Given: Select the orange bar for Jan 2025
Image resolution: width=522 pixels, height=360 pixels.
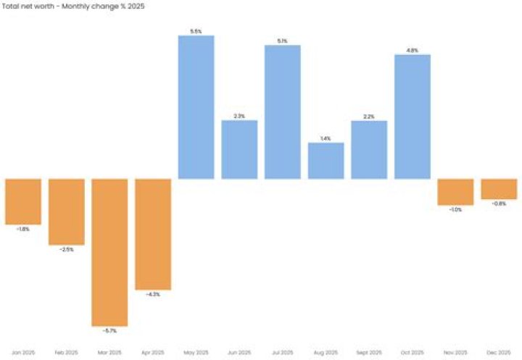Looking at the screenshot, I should click(x=23, y=201).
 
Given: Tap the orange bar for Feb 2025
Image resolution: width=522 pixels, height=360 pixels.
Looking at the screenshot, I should click(x=67, y=212).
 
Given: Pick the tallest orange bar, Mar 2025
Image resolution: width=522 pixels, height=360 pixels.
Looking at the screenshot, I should click(x=109, y=252).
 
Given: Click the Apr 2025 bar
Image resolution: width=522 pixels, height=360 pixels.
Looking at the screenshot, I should click(x=153, y=234).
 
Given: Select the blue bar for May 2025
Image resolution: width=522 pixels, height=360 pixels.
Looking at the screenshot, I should click(x=196, y=107).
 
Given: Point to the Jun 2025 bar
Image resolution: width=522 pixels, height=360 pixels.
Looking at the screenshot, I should click(x=239, y=149).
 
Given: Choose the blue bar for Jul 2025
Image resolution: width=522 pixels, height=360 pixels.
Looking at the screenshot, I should click(x=283, y=112).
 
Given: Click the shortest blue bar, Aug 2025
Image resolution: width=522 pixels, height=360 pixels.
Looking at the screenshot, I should click(x=326, y=161).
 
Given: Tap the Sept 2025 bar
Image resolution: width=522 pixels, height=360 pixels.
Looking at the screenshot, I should click(x=369, y=150).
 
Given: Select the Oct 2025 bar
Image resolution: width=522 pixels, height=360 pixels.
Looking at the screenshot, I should click(x=413, y=117).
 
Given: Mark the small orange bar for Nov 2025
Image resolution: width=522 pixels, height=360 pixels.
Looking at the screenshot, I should click(x=455, y=192).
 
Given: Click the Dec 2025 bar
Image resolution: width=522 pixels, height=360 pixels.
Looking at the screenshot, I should click(x=499, y=189).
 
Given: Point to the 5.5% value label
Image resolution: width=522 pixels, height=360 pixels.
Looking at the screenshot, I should click(x=196, y=31).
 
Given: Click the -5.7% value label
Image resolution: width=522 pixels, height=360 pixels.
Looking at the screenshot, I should click(x=109, y=331).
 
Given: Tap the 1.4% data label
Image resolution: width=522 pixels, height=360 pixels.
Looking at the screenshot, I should click(x=326, y=138).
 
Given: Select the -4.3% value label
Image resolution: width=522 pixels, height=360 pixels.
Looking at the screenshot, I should click(x=153, y=294).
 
